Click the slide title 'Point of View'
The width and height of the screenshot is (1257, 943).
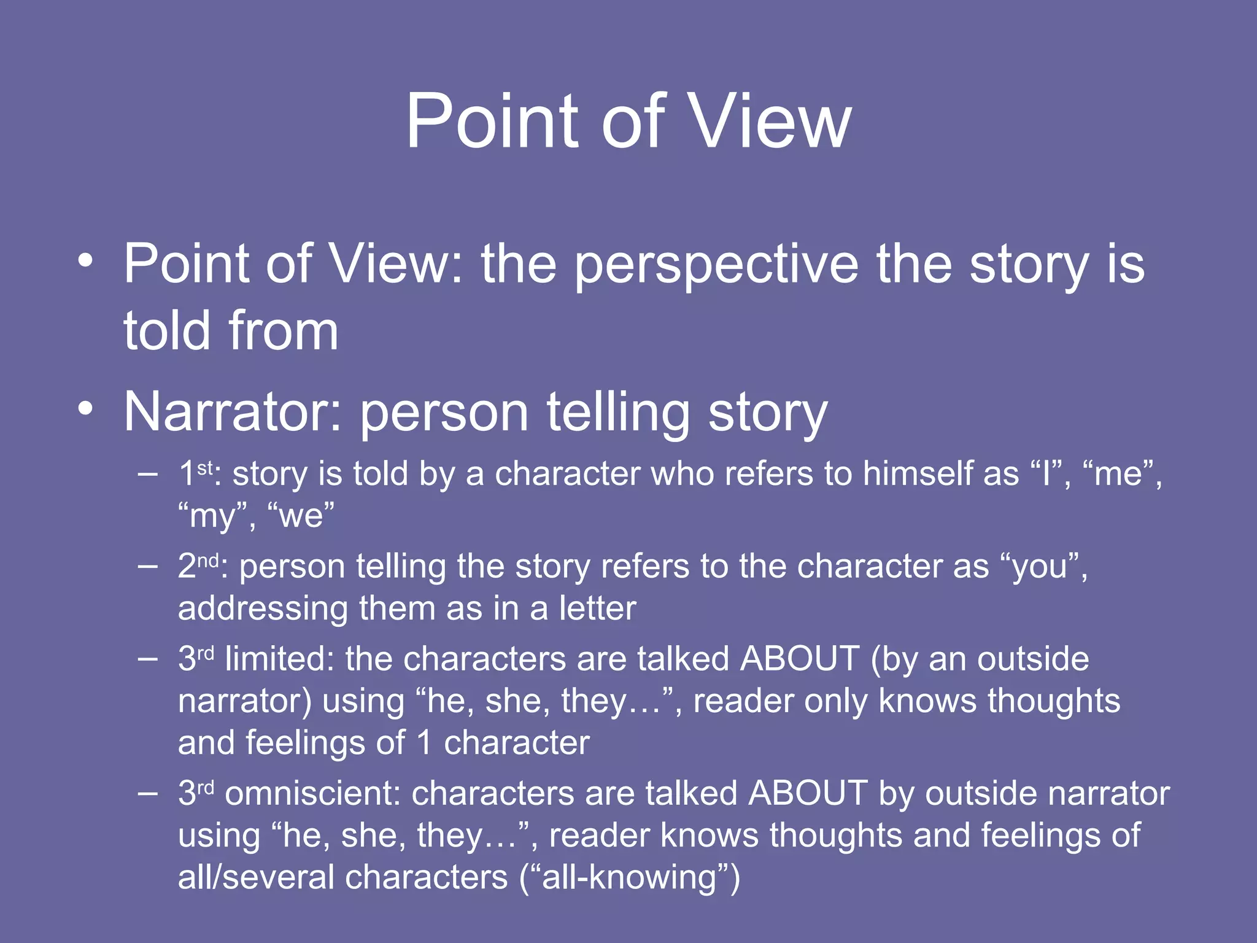[x=628, y=121]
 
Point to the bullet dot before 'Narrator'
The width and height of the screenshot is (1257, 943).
[x=86, y=408]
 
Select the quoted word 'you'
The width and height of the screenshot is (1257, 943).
[x=1039, y=566]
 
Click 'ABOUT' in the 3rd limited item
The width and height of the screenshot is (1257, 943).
[x=800, y=659]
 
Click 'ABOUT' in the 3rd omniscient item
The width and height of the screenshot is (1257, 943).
[x=808, y=793]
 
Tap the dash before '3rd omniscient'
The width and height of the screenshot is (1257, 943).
[x=147, y=794]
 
